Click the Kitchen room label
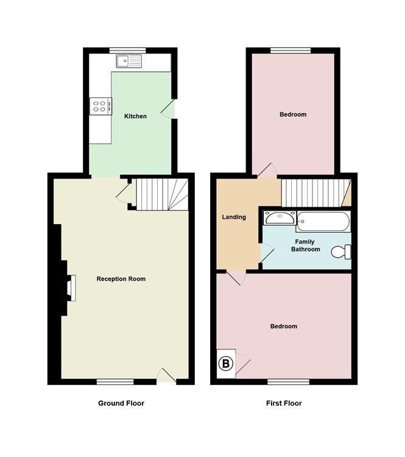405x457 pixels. [x=135, y=116]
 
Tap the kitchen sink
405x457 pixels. [x=130, y=61]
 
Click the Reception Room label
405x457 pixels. [x=121, y=279]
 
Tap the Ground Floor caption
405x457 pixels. [x=121, y=403]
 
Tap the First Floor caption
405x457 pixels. [x=284, y=403]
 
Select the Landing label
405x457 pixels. [x=234, y=217]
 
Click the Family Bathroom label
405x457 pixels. [x=305, y=245]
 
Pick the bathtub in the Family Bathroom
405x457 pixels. [x=323, y=220]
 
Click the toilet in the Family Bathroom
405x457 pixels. [x=342, y=251]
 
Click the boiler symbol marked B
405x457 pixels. [x=226, y=364]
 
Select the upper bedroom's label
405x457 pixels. [x=293, y=115]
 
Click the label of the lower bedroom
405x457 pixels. [x=284, y=326]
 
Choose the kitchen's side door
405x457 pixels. [x=172, y=109]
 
